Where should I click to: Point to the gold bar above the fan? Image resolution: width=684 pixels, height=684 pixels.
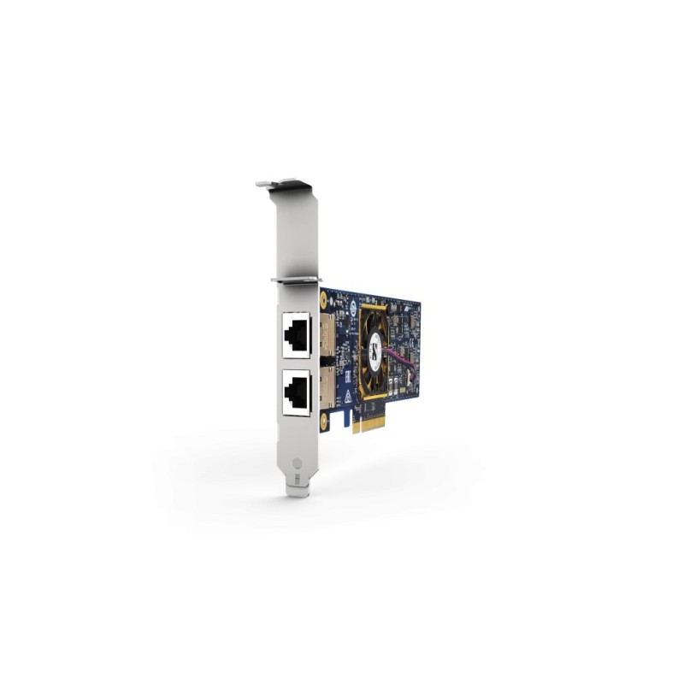[374, 304]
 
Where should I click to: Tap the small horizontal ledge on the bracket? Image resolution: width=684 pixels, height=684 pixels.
[295, 278]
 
